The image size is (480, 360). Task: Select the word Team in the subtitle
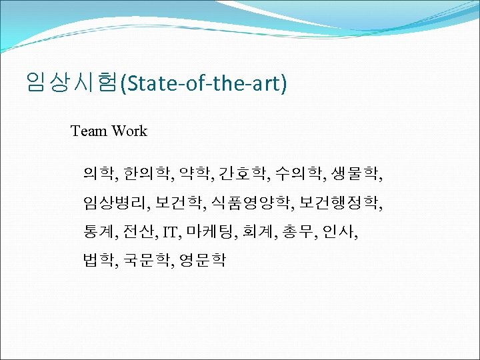pos(89,131)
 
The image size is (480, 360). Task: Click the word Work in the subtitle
pos(129,131)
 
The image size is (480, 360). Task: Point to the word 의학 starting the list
pos(97,175)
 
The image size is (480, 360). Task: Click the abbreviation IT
pos(171,232)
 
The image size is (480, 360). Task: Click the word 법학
pos(98,259)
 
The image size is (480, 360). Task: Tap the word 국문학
pos(145,259)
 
